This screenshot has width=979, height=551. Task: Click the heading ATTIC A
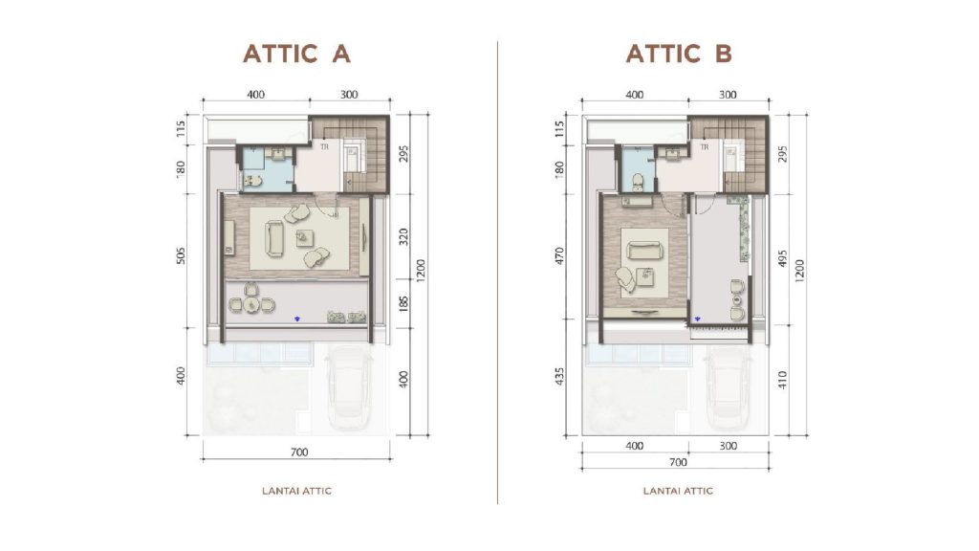point(296,54)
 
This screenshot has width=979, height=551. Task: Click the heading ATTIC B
point(679,54)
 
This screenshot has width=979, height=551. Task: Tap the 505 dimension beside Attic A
point(181,256)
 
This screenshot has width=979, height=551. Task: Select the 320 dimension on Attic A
point(403,237)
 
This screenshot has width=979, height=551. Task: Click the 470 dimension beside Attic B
point(559,256)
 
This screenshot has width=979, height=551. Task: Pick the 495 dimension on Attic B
point(783,259)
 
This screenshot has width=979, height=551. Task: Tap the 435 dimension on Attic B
point(559,376)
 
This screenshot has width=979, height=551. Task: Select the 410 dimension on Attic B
point(783,380)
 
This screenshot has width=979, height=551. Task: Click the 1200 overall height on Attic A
point(421,271)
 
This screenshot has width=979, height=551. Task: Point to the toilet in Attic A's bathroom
point(252,181)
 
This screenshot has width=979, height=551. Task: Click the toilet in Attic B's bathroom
point(638,181)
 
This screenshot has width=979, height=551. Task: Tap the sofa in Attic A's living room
point(273,239)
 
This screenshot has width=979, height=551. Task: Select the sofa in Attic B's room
point(643,251)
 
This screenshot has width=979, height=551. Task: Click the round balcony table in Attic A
point(251,304)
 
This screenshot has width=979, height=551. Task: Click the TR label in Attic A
point(324,147)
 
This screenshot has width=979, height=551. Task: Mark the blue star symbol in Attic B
point(697,319)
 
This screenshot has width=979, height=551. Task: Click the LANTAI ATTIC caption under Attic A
point(296,491)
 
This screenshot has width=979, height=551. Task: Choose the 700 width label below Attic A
point(299,452)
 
